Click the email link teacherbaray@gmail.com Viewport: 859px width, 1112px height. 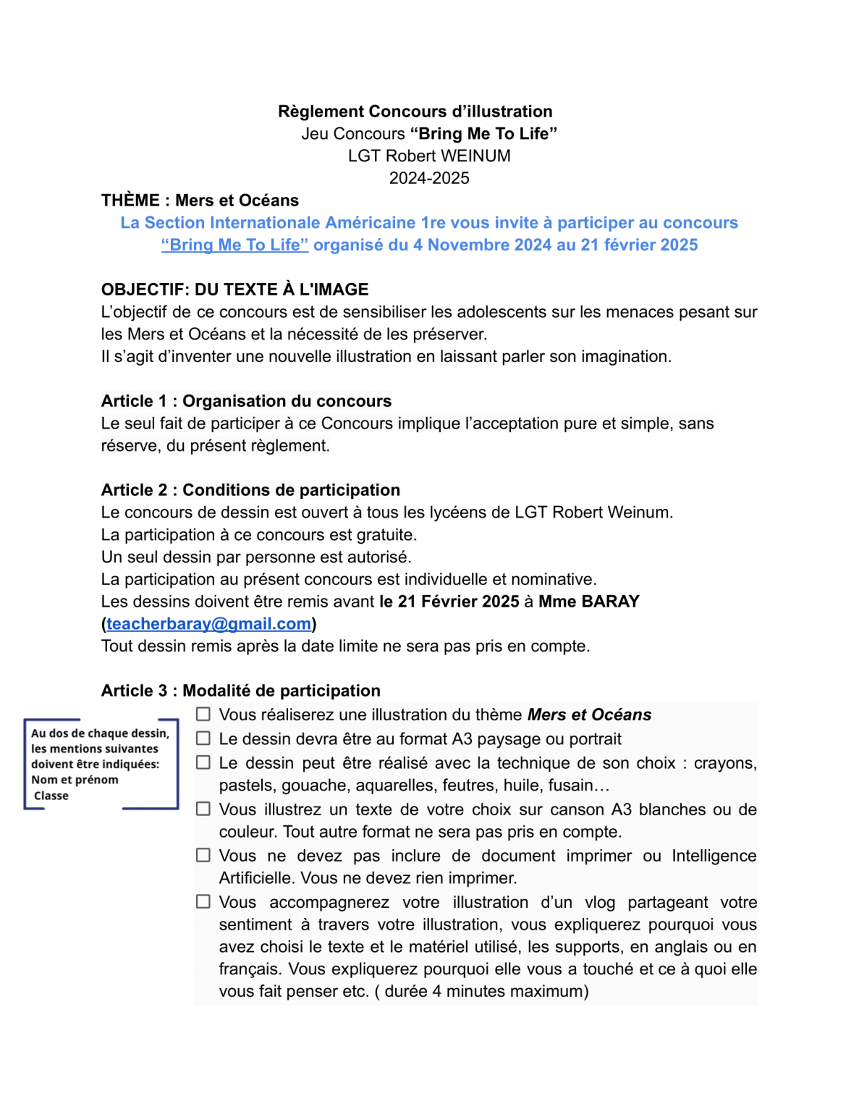[208, 624]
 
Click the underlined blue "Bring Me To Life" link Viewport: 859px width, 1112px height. [234, 245]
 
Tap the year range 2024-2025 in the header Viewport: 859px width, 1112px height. [429, 178]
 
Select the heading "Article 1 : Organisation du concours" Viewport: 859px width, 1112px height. [246, 401]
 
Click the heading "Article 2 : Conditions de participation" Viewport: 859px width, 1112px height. [250, 490]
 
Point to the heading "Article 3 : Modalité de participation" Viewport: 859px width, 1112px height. [240, 691]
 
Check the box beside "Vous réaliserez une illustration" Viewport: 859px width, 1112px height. [204, 715]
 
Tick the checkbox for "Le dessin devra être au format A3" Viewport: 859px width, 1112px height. [204, 738]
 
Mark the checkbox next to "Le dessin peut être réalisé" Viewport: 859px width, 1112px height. [204, 762]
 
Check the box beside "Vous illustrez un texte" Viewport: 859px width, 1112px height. [204, 809]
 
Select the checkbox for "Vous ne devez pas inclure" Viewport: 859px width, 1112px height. [204, 855]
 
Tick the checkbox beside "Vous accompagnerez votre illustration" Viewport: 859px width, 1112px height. [204, 901]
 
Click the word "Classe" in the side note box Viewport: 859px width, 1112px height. [51, 796]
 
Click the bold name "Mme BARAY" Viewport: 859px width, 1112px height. [588, 602]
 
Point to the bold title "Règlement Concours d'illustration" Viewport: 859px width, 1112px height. [415, 111]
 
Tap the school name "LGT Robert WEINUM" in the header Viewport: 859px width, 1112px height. [429, 156]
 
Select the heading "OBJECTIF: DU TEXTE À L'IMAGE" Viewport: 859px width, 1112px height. [234, 290]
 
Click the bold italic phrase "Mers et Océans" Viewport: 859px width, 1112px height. [589, 715]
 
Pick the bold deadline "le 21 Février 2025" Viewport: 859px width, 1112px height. [449, 602]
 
